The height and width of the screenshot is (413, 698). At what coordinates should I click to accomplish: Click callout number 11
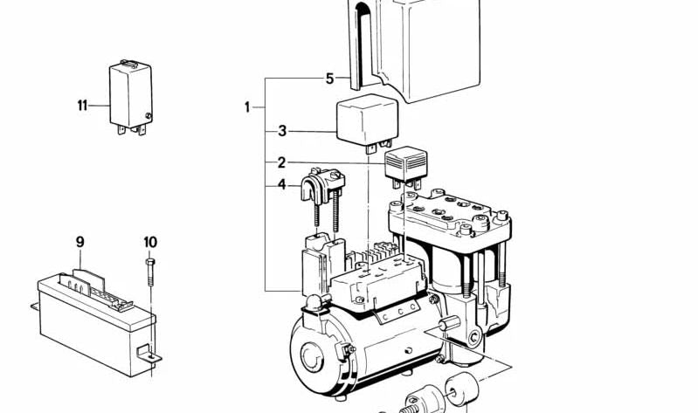click(82, 106)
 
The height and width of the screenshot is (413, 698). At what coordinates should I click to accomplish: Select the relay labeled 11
click(131, 97)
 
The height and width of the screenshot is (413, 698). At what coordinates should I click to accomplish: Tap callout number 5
click(329, 79)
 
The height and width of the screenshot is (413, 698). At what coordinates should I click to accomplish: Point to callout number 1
click(247, 107)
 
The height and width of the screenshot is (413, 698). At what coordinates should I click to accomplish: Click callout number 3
click(282, 131)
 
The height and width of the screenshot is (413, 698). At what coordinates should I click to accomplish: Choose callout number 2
click(281, 162)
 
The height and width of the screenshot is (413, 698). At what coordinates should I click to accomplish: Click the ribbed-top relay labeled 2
click(405, 167)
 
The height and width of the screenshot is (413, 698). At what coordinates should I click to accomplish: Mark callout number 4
click(282, 184)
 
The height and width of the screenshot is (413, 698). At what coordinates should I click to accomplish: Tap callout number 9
click(79, 242)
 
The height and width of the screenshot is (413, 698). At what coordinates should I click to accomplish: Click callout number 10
click(150, 242)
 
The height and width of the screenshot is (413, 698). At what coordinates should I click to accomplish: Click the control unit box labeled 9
click(96, 321)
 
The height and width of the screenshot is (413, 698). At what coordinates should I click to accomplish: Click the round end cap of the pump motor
click(312, 356)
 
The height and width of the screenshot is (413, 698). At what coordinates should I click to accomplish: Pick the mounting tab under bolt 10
click(149, 353)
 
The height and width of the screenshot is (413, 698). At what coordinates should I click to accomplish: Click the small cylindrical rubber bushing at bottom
click(462, 389)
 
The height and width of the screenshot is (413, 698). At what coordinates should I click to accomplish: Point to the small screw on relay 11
click(149, 116)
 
